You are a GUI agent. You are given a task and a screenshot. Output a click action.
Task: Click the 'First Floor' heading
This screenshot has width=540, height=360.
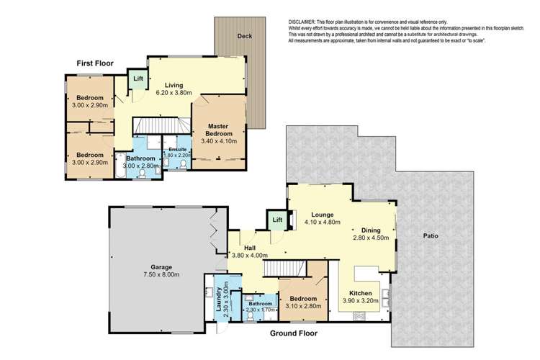(97, 63)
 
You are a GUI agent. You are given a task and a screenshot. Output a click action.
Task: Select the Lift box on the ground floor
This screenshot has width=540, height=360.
(277, 220)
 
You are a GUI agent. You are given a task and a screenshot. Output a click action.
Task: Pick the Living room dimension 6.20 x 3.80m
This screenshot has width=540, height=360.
(174, 93)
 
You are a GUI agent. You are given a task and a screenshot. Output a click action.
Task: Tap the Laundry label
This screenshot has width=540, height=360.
(217, 295)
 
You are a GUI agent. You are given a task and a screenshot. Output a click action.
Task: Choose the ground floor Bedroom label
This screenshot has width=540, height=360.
(303, 300)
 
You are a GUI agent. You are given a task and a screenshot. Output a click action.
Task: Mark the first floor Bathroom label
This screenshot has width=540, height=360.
(140, 158)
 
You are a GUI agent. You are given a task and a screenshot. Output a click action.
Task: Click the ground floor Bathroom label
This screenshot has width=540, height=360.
(261, 304)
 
